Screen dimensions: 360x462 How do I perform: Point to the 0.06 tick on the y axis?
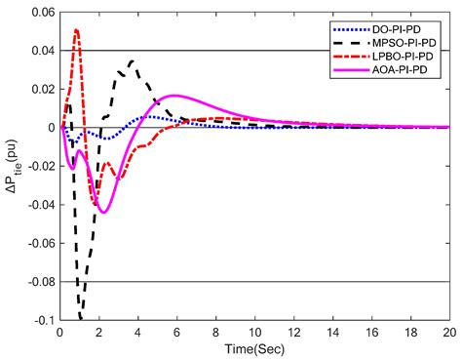point(39,12)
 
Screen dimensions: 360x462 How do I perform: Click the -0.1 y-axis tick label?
point(41,320)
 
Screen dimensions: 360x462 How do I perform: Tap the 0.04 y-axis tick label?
point(39,51)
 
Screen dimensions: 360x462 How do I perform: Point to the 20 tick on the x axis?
point(449,332)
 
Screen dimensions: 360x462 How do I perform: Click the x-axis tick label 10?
point(254,332)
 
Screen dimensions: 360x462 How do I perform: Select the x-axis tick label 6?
point(176,332)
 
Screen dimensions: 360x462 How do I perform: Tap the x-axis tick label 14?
point(332,332)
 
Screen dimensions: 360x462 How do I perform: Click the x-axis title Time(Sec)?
point(254,348)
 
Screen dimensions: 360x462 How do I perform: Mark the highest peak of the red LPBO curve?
point(76,30)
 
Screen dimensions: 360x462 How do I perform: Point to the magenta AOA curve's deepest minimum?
point(103,212)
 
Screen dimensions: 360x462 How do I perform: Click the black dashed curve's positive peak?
point(131,61)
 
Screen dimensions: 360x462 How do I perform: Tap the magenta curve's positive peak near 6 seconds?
point(175,96)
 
